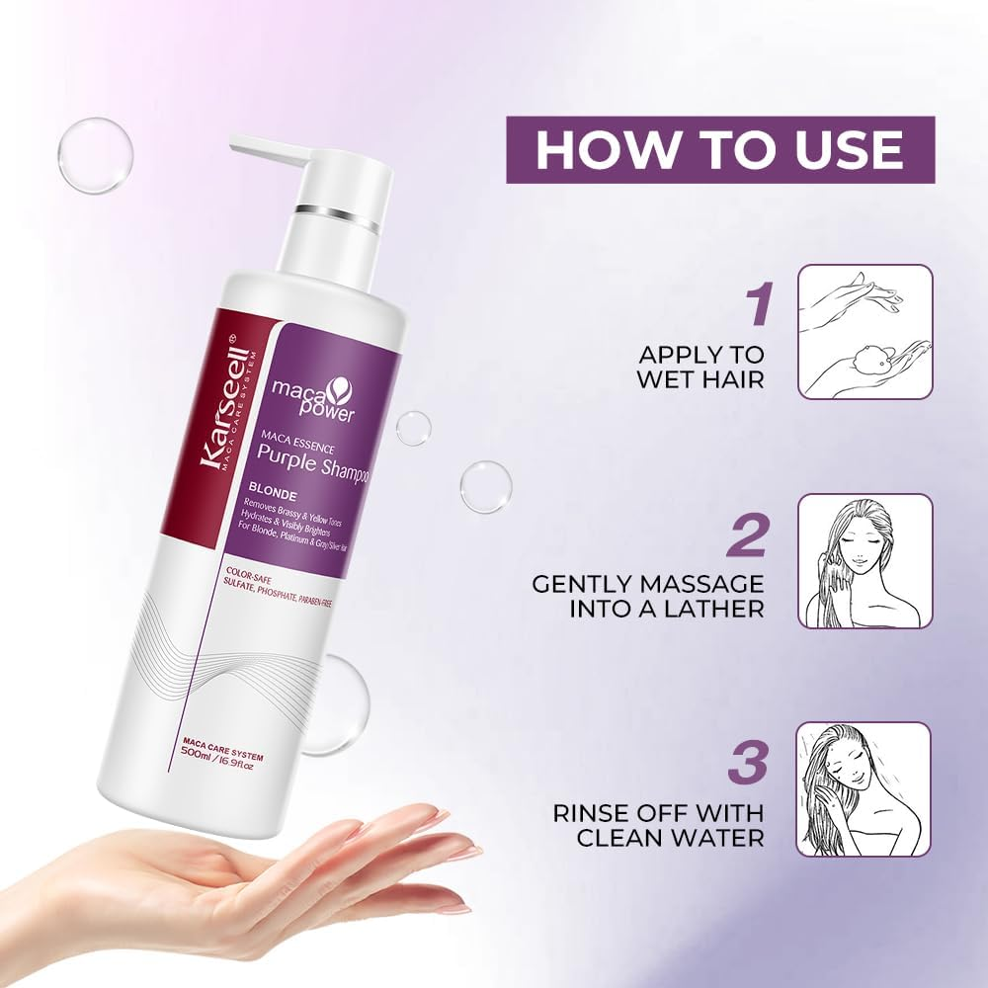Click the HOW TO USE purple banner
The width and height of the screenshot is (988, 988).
pos(720,149)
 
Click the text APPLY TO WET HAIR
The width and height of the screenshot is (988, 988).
pos(701,366)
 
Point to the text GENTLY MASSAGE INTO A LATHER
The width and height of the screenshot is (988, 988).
pos(648,596)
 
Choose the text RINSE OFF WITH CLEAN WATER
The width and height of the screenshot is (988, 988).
pos(658,826)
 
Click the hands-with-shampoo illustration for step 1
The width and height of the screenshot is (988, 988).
pos(864,332)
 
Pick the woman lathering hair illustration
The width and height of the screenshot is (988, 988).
pos(864,561)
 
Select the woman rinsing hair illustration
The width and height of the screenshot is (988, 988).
pos(864,789)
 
